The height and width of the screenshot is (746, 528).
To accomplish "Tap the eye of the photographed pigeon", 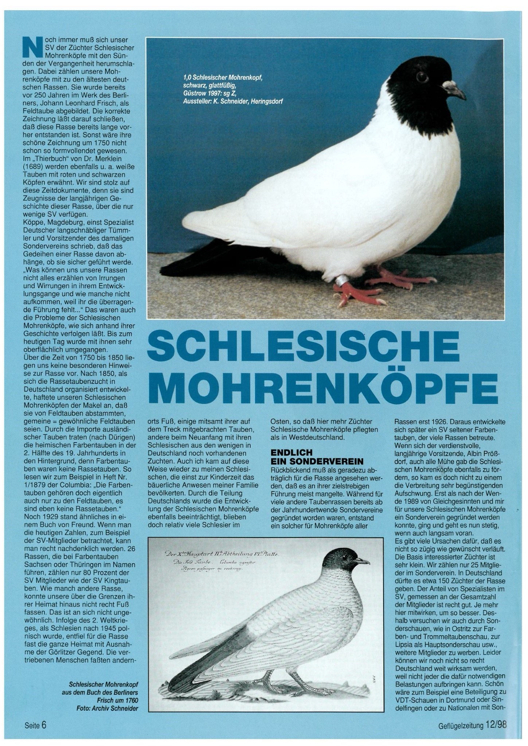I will (x=422, y=77).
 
